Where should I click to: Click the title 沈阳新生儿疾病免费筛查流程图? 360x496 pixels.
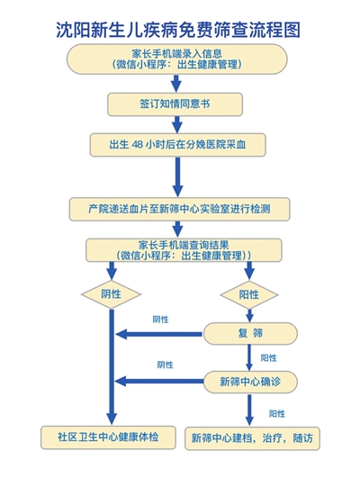tap(178, 31)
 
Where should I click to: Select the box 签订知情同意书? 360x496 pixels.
tap(175, 104)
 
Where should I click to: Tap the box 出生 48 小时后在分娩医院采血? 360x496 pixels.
tap(178, 145)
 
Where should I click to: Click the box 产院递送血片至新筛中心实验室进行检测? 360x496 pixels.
tap(179, 209)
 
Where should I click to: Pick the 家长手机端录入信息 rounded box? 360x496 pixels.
tap(176, 59)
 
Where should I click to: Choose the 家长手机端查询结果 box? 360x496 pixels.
tap(184, 250)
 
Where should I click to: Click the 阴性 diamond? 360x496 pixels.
tap(111, 294)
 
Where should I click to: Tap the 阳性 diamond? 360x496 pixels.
tap(249, 295)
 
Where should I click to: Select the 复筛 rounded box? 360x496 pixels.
tap(250, 333)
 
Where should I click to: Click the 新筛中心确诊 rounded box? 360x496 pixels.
tap(250, 382)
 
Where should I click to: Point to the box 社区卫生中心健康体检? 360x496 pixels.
tap(108, 437)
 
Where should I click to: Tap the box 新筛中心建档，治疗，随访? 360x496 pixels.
tap(252, 438)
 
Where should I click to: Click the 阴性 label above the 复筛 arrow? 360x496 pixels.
tap(161, 320)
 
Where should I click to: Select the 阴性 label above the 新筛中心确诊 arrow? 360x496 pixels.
tap(165, 365)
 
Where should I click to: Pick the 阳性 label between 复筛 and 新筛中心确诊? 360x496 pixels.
tap(268, 358)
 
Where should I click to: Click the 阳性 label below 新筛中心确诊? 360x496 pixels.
tap(277, 414)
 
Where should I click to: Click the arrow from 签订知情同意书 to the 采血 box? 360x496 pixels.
tap(176, 124)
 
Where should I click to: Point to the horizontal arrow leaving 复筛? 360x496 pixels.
tap(158, 334)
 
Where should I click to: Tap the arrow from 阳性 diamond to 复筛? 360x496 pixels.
tap(249, 315)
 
